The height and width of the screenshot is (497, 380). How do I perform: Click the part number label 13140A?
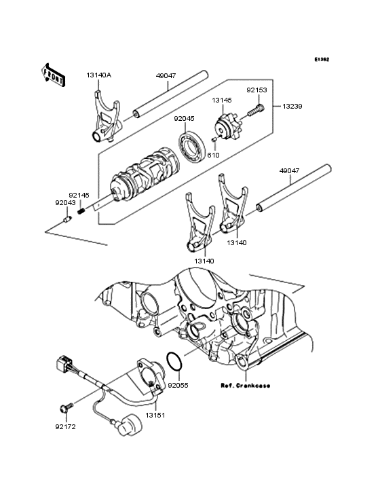click(x=99, y=75)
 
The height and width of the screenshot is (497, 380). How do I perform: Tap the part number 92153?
click(x=256, y=89)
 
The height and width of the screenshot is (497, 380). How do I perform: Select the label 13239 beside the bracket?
click(x=293, y=107)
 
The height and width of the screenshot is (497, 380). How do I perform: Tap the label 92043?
click(x=65, y=202)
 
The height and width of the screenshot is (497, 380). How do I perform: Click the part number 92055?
click(x=178, y=385)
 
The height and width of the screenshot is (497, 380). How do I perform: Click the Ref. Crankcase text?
click(x=245, y=385)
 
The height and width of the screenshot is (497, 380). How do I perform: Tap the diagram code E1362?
click(x=321, y=60)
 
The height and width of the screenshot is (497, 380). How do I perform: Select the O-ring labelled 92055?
click(x=174, y=363)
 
